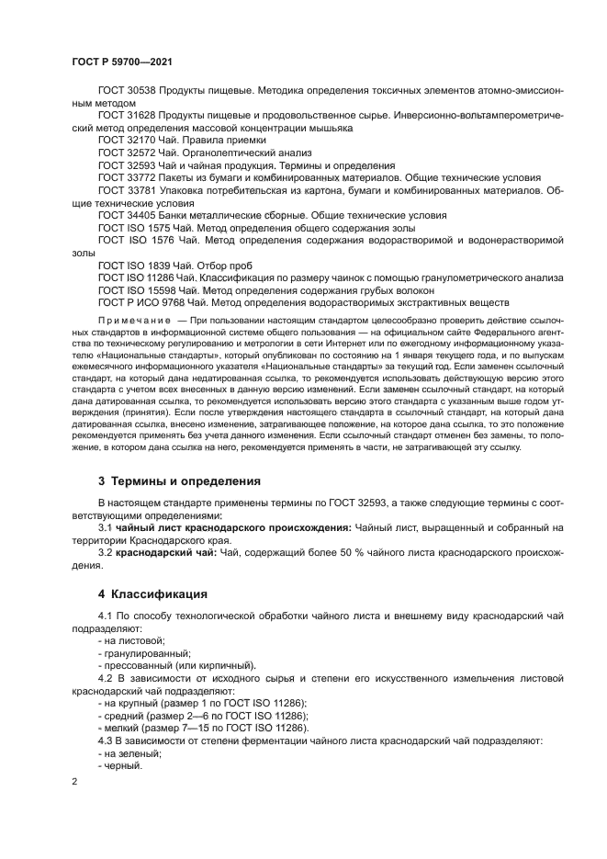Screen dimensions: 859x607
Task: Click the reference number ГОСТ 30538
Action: point(127,93)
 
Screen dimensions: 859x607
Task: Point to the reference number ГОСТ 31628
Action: point(127,117)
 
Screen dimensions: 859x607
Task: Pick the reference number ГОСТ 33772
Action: point(127,177)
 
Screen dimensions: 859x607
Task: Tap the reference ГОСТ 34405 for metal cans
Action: point(127,214)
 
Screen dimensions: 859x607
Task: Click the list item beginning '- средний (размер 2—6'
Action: point(202,715)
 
